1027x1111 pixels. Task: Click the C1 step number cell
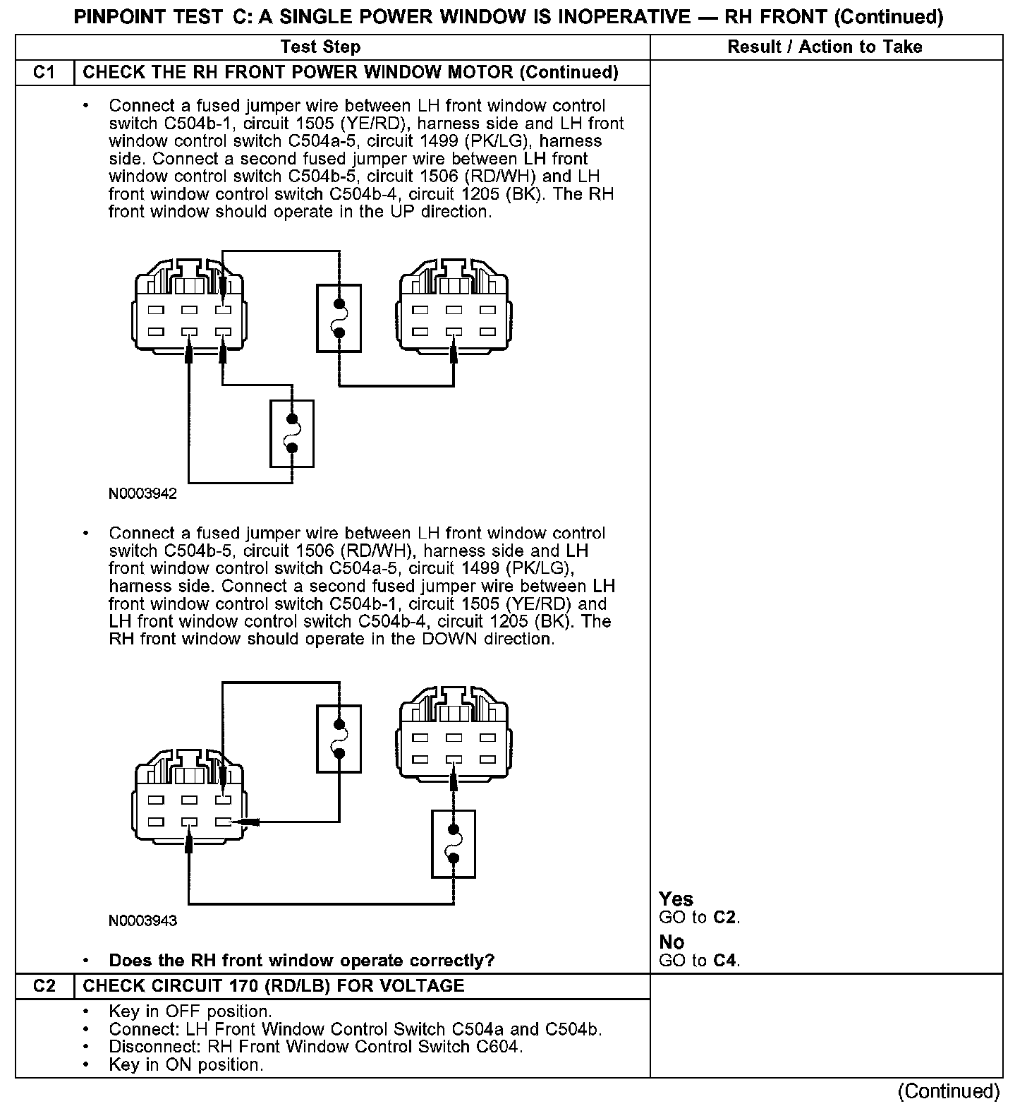[44, 73]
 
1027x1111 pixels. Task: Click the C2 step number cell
[44, 986]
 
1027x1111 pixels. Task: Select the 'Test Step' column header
[320, 47]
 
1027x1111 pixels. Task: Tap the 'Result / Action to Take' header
[825, 47]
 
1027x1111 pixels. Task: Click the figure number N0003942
[142, 494]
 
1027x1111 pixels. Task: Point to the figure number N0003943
[142, 921]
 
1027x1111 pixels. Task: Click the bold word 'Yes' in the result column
[676, 899]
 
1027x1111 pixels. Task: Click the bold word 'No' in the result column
[671, 942]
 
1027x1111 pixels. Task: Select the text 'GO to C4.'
[699, 960]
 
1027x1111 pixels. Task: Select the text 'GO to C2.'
[699, 918]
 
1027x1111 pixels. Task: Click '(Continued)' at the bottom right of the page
[948, 1091]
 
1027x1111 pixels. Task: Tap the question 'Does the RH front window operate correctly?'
[301, 961]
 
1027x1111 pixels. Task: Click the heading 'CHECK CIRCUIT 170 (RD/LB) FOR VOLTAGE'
[274, 986]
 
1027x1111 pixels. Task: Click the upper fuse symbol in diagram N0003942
[339, 318]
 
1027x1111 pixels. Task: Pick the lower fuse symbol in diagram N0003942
[292, 434]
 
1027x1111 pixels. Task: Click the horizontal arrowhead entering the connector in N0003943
[247, 822]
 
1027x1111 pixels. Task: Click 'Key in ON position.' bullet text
[186, 1064]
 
